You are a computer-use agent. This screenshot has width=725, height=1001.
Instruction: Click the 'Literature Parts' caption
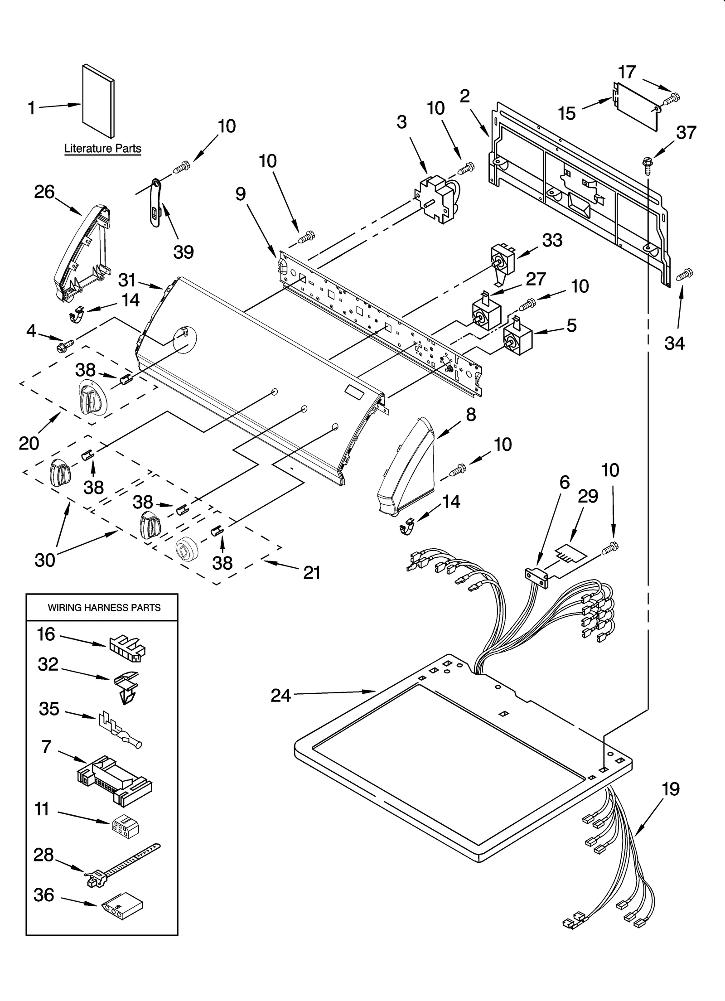click(102, 148)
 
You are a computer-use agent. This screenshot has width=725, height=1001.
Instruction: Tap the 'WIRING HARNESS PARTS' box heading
click(104, 608)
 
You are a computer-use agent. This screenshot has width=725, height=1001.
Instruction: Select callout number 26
click(44, 192)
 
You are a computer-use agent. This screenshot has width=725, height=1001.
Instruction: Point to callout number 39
click(184, 252)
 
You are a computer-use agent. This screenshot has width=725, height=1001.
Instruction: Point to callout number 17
click(627, 72)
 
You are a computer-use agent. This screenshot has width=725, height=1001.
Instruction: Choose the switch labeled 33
click(503, 261)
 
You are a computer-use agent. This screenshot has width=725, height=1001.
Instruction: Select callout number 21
click(312, 573)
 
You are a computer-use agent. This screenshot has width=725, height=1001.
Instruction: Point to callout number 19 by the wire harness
click(671, 789)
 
